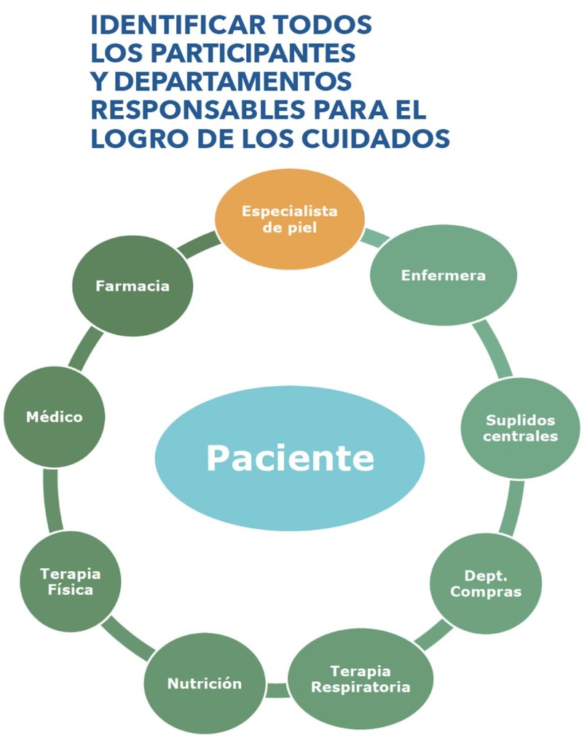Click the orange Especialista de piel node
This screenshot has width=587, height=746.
tap(289, 219)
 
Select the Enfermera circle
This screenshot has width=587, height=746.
tap(443, 275)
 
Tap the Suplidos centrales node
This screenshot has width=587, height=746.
tap(520, 428)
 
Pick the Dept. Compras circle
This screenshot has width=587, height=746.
tap(485, 584)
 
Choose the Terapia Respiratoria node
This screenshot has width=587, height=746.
tap(360, 678)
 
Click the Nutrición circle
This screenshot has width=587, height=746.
tap(204, 683)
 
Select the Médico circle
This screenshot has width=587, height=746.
tap(54, 417)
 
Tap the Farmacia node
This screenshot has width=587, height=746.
tap(132, 286)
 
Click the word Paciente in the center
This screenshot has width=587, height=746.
tap(290, 458)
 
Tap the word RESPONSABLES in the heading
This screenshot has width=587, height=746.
tap(192, 109)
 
